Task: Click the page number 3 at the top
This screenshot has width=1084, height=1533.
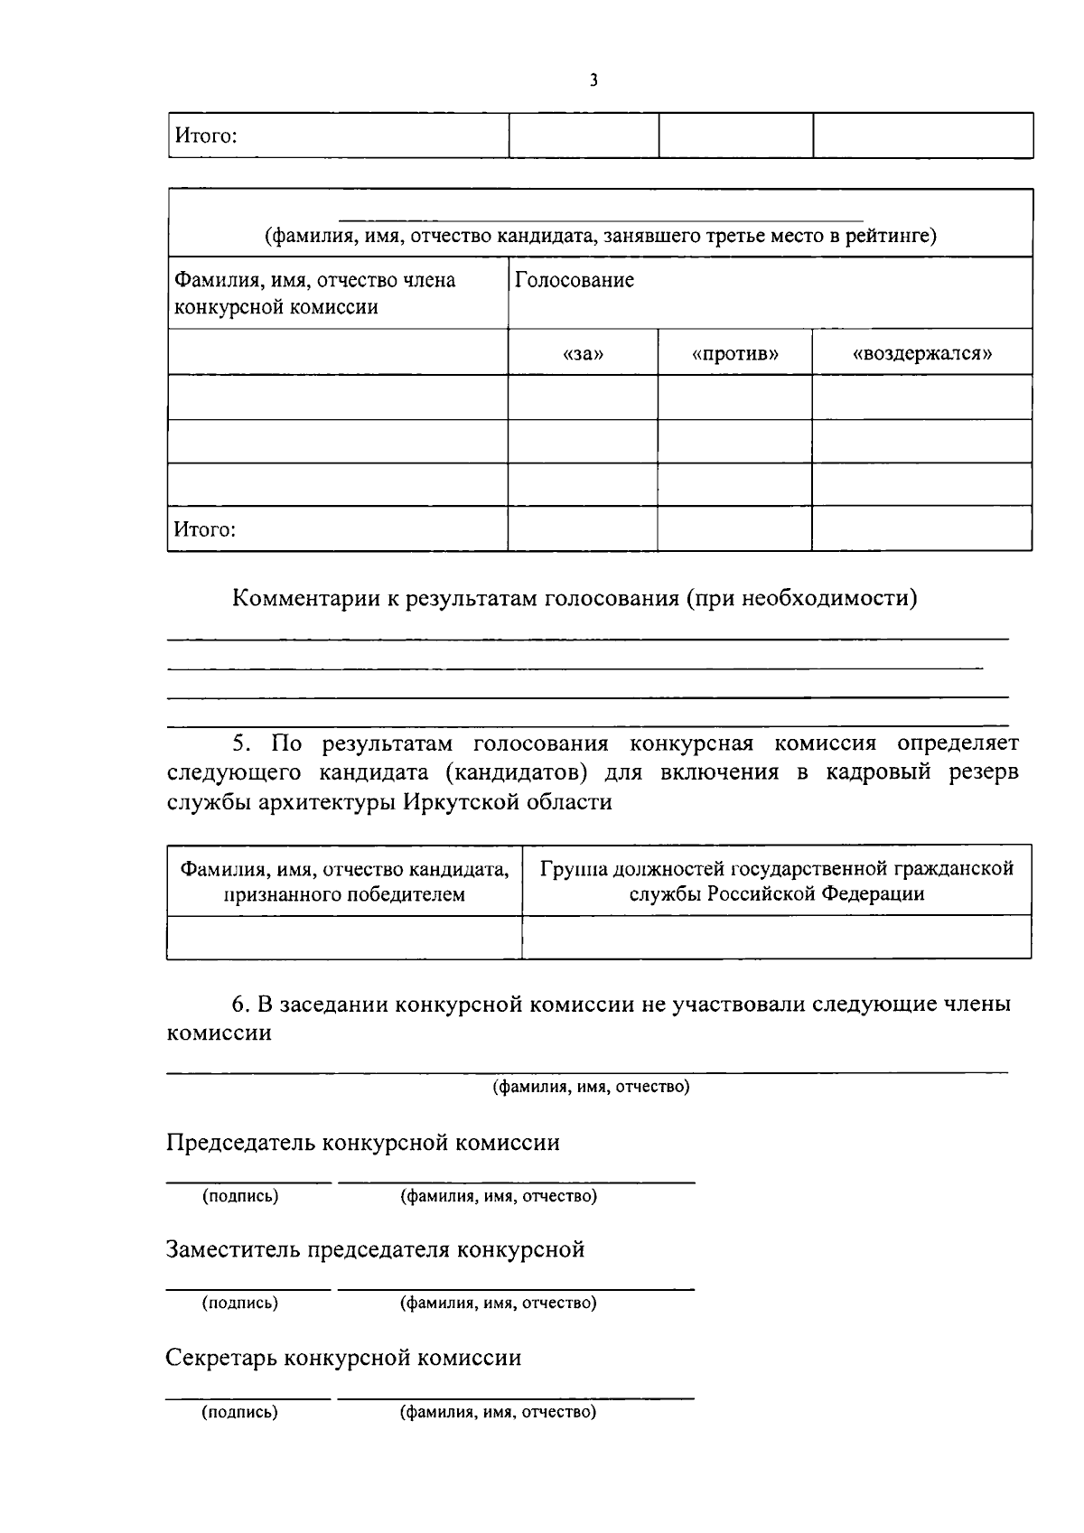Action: [593, 80]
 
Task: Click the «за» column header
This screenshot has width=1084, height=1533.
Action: [583, 353]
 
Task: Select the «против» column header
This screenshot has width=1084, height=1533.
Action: [735, 353]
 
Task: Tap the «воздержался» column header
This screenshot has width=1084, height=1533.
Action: [922, 353]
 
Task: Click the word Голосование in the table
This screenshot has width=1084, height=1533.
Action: [575, 280]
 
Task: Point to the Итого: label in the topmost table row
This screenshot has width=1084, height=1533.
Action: [205, 136]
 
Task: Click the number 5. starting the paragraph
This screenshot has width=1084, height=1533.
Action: [240, 743]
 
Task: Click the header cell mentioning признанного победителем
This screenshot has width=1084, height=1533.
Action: [344, 882]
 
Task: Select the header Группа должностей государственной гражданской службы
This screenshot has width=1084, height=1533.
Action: [777, 882]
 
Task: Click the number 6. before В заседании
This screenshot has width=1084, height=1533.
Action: [240, 1004]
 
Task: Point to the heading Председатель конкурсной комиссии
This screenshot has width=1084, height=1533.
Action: [363, 1143]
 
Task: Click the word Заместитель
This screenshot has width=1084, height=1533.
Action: [233, 1249]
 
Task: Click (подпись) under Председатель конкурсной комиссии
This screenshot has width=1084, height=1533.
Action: [239, 1196]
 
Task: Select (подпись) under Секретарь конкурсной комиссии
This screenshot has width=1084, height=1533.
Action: [239, 1412]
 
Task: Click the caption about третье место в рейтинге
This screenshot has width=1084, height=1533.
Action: [600, 237]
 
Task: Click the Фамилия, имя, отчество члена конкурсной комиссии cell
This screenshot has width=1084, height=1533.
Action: [315, 294]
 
